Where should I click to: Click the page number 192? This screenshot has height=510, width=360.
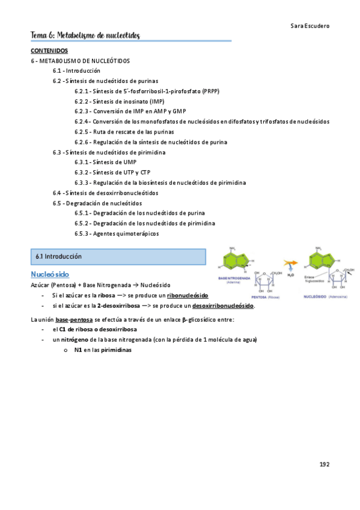pos(324,464)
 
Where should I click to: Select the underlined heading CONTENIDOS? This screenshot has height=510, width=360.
pos(49,51)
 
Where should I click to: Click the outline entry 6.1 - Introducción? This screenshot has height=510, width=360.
pos(76,71)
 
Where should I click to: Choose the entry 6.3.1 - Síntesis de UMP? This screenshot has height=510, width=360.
pos(105,162)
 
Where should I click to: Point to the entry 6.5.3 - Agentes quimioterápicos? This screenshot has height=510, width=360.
pos(117,233)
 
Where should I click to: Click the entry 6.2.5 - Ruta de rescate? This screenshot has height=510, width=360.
pos(124,132)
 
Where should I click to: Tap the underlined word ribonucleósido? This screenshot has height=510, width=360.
pos(188,296)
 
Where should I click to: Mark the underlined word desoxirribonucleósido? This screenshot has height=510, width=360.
pos(223,306)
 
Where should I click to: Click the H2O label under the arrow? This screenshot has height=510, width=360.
pos(290,275)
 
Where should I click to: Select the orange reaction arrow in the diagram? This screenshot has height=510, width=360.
pos(290,263)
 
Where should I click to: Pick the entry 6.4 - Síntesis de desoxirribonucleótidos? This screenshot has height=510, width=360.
pos(106,193)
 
